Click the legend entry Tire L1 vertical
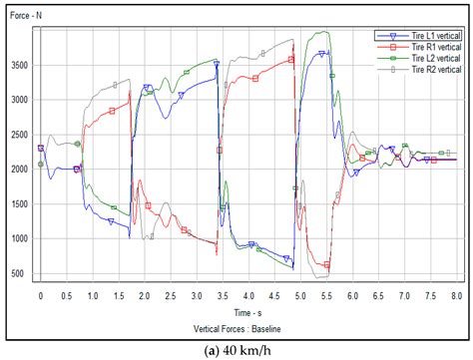click(424, 36)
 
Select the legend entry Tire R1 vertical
click(424, 47)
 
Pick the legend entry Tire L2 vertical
click(424, 58)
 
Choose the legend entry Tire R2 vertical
click(424, 69)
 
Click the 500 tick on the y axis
click(19, 273)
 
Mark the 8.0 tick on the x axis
click(456, 296)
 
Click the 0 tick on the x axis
click(41, 296)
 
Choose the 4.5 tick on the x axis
click(274, 296)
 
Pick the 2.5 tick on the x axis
click(171, 296)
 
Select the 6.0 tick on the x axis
click(352, 296)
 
